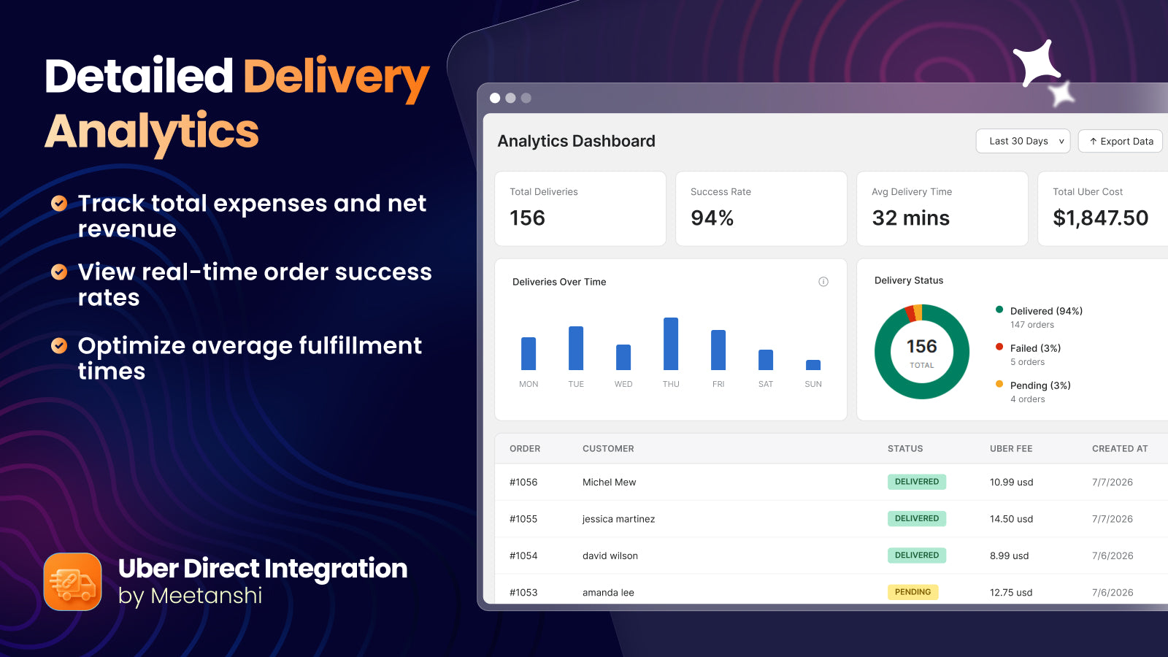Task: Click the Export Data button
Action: [1121, 142]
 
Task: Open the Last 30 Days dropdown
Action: [1023, 142]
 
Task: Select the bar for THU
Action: [671, 344]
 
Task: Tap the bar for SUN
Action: [813, 365]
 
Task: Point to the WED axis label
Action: [623, 384]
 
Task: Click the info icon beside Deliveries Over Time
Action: [823, 282]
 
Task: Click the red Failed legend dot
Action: [999, 347]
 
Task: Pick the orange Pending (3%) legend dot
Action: [999, 384]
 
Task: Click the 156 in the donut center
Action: [921, 347]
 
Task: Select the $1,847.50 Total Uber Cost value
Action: [1100, 218]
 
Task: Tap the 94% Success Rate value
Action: [712, 218]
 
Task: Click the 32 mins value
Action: [910, 218]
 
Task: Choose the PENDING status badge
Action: [912, 592]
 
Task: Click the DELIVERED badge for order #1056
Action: [917, 482]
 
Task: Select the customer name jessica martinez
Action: [618, 519]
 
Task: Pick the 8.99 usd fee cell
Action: [1009, 556]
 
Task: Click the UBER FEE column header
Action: [1011, 448]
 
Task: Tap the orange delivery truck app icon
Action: [72, 582]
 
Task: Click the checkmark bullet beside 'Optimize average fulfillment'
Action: [59, 345]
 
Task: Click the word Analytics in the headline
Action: [152, 132]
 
